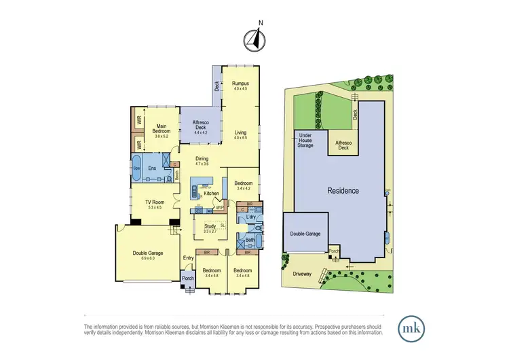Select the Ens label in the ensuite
[x=153, y=168]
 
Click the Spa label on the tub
[x=136, y=167]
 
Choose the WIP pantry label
[x=220, y=207]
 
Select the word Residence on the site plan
[x=343, y=190]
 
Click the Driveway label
[x=302, y=275]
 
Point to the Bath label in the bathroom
[x=249, y=240]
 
